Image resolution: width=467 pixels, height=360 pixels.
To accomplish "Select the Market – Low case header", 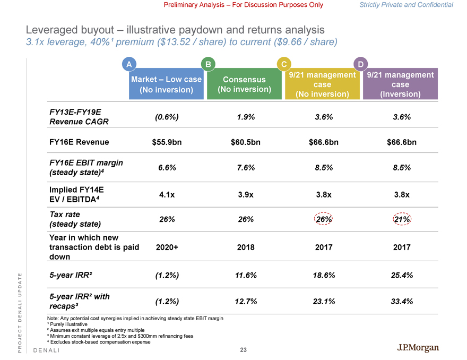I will click(166, 84).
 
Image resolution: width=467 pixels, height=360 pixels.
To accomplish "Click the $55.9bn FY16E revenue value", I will click(166, 142).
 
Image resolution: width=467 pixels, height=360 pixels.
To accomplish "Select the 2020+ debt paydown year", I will click(166, 247).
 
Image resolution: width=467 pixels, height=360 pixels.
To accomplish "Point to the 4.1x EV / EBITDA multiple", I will click(166, 194).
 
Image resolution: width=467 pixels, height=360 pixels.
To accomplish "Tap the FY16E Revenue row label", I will click(79, 142).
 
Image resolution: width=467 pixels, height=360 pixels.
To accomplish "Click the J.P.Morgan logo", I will click(418, 348).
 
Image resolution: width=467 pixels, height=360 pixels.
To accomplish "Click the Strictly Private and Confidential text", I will click(406, 5).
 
